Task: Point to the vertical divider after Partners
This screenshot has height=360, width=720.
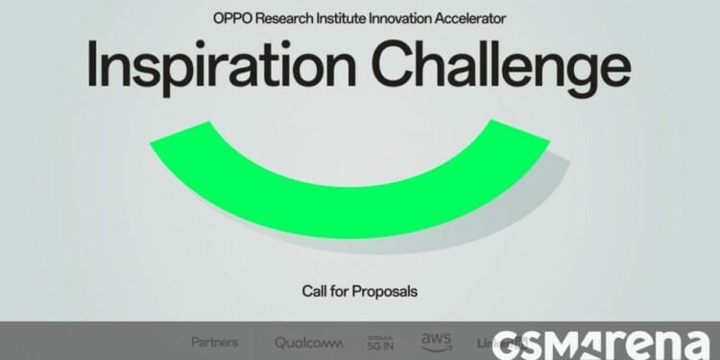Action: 256,341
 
